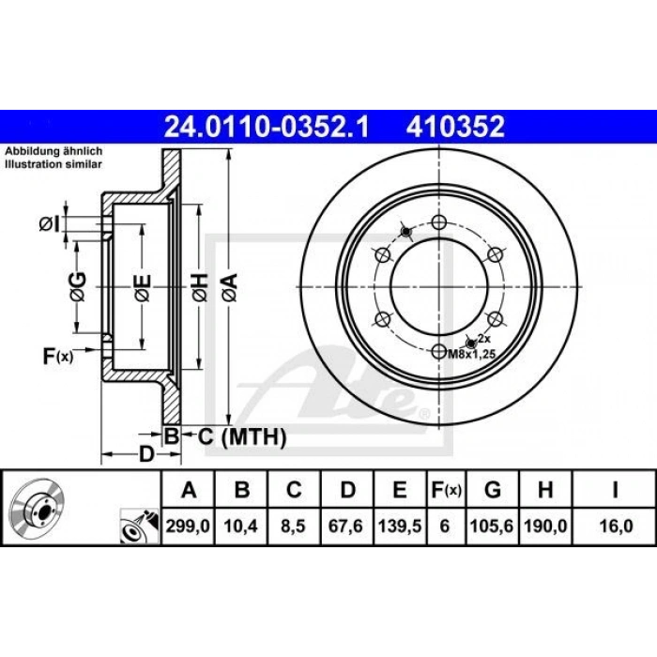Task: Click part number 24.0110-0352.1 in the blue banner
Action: [x=267, y=127]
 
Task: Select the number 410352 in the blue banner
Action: [x=455, y=127]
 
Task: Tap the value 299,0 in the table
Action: [x=188, y=526]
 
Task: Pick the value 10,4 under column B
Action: [x=241, y=526]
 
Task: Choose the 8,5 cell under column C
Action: [x=293, y=526]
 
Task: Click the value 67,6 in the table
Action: [x=345, y=526]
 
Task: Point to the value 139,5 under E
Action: [x=400, y=526]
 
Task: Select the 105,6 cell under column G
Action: [x=492, y=526]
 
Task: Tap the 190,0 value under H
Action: [x=545, y=526]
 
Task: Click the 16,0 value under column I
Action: [x=616, y=526]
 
